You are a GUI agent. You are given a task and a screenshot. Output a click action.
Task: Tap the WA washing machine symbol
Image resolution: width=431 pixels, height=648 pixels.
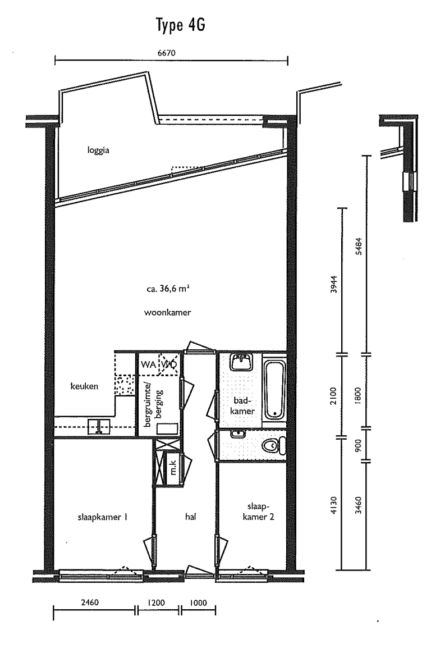148,366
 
